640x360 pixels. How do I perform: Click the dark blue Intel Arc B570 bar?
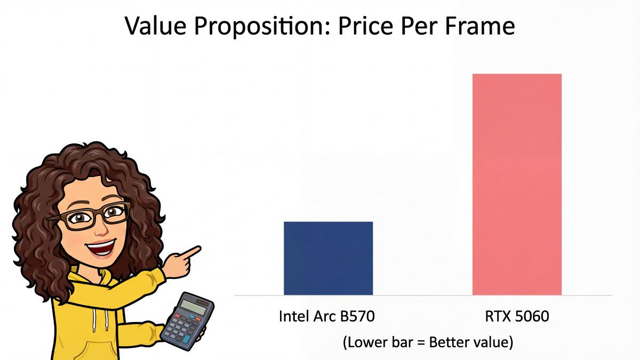[x=328, y=258]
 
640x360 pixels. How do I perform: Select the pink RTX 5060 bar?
[x=517, y=184]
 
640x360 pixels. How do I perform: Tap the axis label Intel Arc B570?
[x=327, y=316]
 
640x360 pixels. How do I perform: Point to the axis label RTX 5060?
[x=517, y=316]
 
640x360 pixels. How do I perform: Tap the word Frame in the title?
[x=483, y=26]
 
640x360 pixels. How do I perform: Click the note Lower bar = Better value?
[x=428, y=342]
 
